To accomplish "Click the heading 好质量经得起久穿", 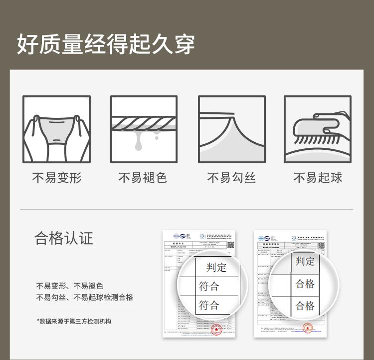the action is pos(106,44).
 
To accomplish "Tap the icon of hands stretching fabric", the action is pos(56,129).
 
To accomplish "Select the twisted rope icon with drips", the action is pos(144,129).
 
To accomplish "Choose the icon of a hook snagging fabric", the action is pos(231,129).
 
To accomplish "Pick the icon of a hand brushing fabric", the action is pos(318,129).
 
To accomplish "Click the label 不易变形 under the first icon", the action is pos(56,178).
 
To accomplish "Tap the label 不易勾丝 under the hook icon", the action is pos(231,178).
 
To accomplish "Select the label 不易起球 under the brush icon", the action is pos(318,178).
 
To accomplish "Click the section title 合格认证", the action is pos(64,238).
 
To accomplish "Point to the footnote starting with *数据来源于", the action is pos(74,322).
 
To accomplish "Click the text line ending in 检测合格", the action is pos(84,298).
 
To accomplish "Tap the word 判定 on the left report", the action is pos(216,268).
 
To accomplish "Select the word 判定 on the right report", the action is pos(305,261).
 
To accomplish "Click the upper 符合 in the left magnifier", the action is pos(209,287).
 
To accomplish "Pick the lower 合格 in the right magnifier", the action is pos(305,305).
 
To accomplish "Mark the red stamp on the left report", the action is pos(216,330).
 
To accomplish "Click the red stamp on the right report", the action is pos(308,329).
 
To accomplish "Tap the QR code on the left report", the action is pos(230,245).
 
